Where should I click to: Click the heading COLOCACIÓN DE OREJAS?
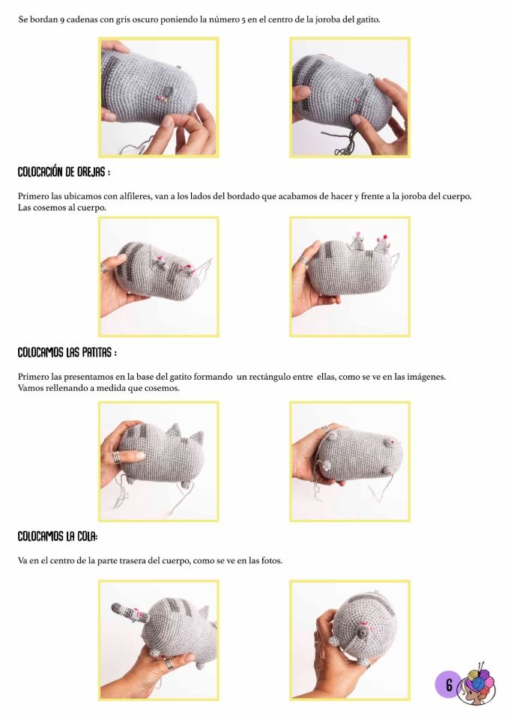click(64, 172)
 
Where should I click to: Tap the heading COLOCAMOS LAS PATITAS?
click(67, 353)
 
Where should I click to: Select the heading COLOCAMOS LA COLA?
click(58, 536)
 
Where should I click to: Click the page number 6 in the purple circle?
click(449, 685)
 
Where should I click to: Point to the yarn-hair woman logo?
click(479, 685)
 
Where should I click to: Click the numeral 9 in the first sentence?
click(61, 20)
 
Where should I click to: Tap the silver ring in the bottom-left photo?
click(169, 663)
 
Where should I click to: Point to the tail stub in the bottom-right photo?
click(363, 634)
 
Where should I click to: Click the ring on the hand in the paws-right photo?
click(325, 429)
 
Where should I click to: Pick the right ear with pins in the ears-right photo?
click(383, 243)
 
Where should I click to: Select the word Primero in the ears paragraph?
click(34, 196)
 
